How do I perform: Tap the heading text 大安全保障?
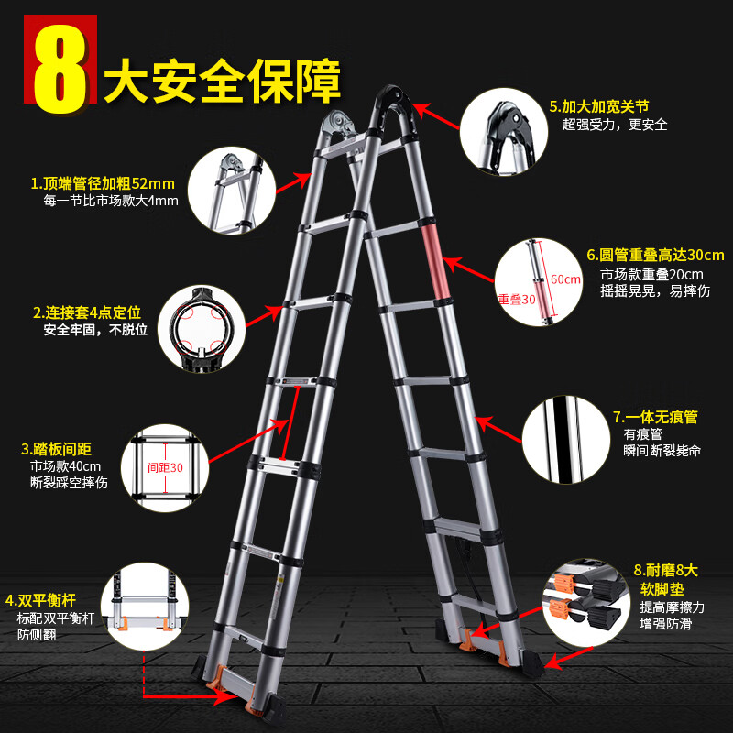tap(222, 82)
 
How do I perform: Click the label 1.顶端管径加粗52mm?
tap(102, 182)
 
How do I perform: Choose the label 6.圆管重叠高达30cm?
tap(655, 255)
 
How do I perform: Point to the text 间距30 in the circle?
tap(166, 467)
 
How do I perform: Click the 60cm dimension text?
tap(565, 279)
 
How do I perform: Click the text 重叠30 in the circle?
tap(516, 299)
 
